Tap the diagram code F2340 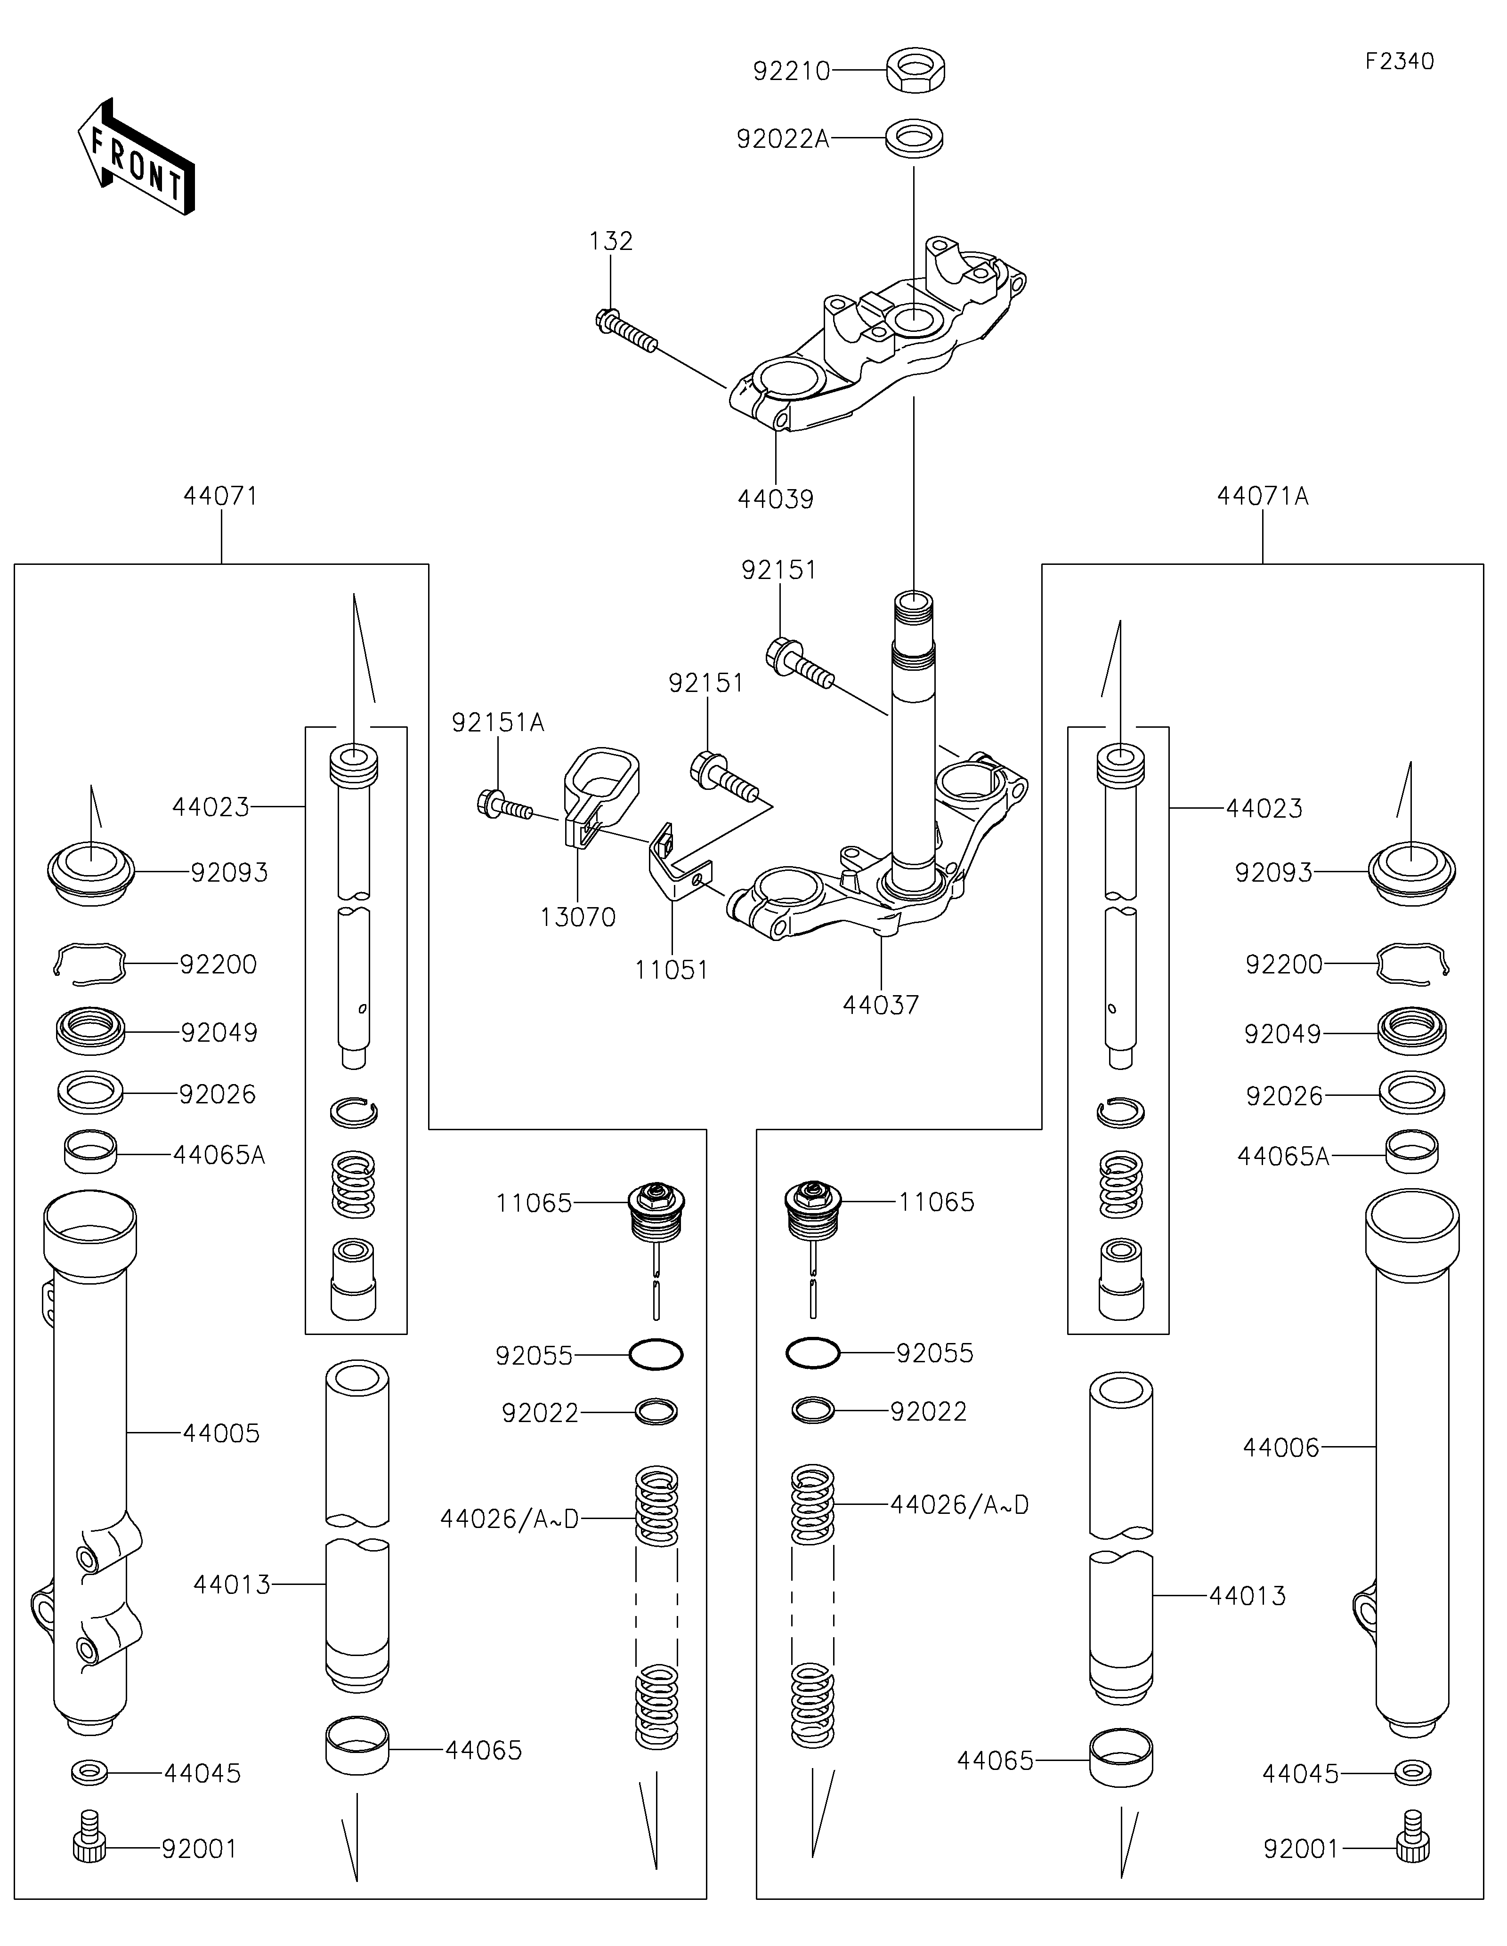(x=1399, y=62)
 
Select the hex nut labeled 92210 (x=915, y=71)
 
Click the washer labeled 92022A (x=914, y=139)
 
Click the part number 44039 (x=775, y=499)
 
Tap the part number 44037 (x=881, y=1004)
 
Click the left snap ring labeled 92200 (x=89, y=964)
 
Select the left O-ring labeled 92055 (x=656, y=1355)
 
